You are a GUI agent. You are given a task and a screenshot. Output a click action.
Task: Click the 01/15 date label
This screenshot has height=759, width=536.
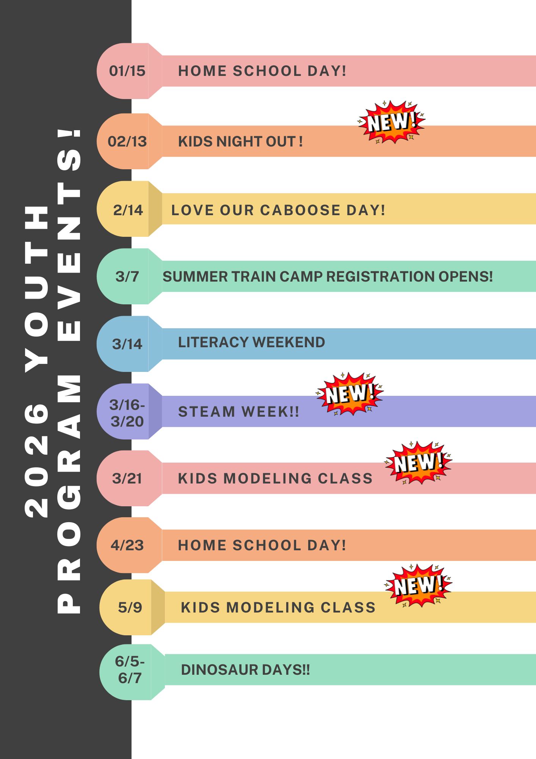click(x=127, y=71)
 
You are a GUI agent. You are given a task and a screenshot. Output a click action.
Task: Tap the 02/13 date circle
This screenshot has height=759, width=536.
click(x=123, y=141)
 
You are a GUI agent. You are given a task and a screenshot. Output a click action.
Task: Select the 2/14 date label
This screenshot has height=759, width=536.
click(x=128, y=210)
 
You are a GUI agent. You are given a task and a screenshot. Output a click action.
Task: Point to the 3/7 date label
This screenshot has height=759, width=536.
click(x=127, y=276)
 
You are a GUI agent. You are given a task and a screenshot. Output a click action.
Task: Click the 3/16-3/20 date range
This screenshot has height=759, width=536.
click(x=127, y=413)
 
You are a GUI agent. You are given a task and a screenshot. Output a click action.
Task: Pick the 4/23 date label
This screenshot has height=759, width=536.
click(x=127, y=545)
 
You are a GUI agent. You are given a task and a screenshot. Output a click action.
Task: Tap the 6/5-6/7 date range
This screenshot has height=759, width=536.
click(x=130, y=669)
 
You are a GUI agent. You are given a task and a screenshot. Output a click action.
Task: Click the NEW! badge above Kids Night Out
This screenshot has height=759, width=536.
click(x=392, y=122)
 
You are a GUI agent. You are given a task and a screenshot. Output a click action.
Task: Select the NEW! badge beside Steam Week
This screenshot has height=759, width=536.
click(x=350, y=394)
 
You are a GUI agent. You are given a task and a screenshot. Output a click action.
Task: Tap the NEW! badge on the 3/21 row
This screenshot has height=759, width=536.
click(x=418, y=463)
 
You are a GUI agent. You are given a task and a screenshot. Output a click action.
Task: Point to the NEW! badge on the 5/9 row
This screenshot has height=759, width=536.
click(x=418, y=586)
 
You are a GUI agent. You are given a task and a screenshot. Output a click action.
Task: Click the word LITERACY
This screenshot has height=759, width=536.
click(x=213, y=342)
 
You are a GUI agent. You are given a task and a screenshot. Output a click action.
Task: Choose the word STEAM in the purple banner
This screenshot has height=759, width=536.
click(x=207, y=412)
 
